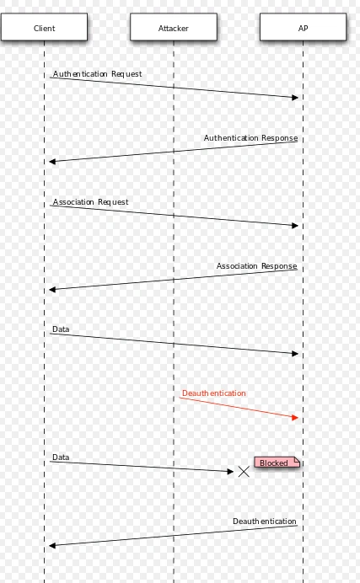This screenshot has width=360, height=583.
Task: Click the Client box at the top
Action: [x=44, y=27]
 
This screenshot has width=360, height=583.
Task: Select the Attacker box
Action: [x=174, y=27]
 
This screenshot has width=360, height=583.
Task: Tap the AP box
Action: [x=304, y=27]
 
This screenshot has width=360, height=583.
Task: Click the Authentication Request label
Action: [x=97, y=74]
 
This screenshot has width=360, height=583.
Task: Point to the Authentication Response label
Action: [x=250, y=138]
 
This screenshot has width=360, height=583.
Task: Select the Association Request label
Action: [x=90, y=202]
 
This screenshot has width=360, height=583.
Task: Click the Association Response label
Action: [x=256, y=266]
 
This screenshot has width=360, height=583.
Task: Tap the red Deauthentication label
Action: [x=214, y=393]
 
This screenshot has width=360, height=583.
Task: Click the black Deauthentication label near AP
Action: [x=265, y=521]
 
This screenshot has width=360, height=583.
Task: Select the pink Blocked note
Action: [x=277, y=463]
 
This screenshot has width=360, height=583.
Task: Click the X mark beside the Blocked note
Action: [x=244, y=472]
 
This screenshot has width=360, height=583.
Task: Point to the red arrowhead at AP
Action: [x=295, y=418]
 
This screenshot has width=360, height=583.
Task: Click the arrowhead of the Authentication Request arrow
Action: [x=295, y=98]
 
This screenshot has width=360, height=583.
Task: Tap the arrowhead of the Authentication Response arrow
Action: [x=52, y=162]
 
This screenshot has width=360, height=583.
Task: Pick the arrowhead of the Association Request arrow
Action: [x=295, y=225]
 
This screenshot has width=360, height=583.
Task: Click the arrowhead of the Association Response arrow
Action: [x=52, y=289]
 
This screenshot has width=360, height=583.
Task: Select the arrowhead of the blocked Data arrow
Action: [x=230, y=472]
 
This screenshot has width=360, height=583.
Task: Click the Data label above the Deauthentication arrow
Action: [x=61, y=329]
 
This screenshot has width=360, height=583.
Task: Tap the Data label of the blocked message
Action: [x=61, y=457]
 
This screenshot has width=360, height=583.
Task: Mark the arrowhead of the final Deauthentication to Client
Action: [x=52, y=545]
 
